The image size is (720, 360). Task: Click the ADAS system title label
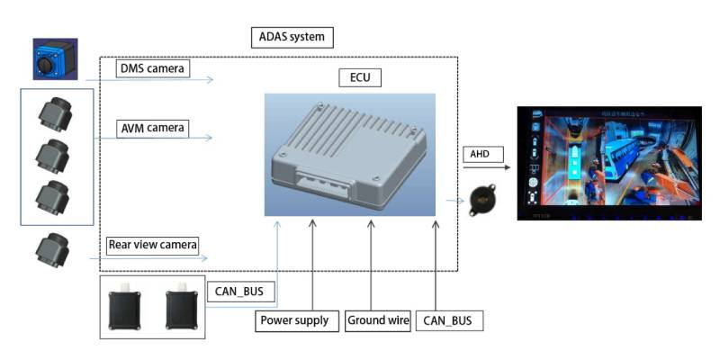click(x=292, y=38)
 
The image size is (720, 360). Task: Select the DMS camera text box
click(x=154, y=67)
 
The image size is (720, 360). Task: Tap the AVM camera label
click(x=153, y=128)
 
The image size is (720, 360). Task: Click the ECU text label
click(x=360, y=77)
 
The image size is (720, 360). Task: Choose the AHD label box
click(x=476, y=154)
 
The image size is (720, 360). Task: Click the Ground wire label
click(x=379, y=320)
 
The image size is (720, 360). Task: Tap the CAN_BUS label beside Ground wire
click(x=449, y=320)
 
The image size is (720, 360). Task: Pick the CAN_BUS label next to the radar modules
click(x=239, y=292)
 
